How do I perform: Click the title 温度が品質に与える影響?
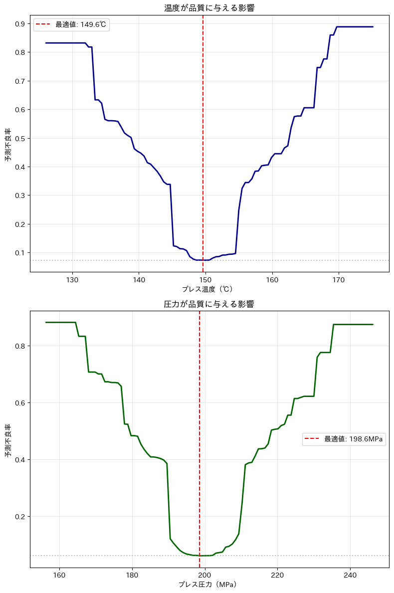[209, 8]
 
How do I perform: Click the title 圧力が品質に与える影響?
[209, 304]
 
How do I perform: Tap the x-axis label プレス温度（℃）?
[209, 289]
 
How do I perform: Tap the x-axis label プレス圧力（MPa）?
[209, 585]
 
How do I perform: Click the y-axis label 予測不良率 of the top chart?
[8, 145]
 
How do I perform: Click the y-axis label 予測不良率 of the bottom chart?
[8, 441]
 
